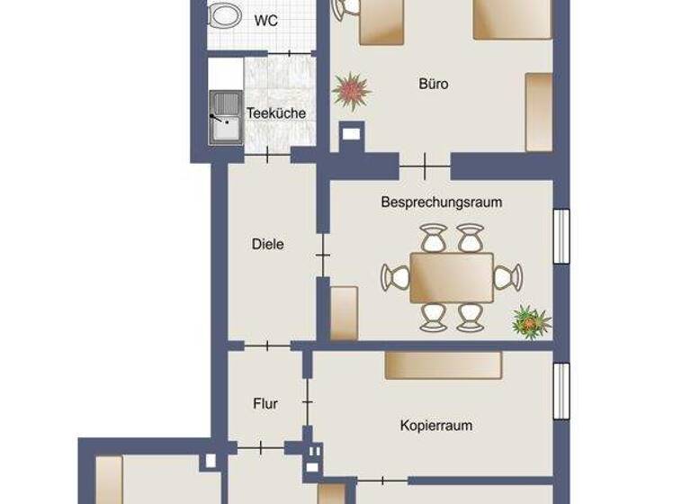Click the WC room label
click(x=265, y=20)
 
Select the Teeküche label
click(x=276, y=113)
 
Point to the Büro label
click(x=433, y=84)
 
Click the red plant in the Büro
click(x=351, y=90)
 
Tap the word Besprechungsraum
click(x=441, y=202)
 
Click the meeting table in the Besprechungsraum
click(x=452, y=278)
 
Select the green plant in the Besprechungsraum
click(x=530, y=321)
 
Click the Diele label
click(x=268, y=243)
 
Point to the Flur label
click(x=265, y=404)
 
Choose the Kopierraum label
click(x=436, y=425)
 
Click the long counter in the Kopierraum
click(x=444, y=364)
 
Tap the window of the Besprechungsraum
click(x=561, y=237)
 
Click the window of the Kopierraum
click(x=561, y=391)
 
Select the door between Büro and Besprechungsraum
click(x=425, y=166)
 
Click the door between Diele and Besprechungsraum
click(x=322, y=257)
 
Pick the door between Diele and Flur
click(x=267, y=345)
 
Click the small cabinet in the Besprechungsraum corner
click(x=344, y=312)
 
